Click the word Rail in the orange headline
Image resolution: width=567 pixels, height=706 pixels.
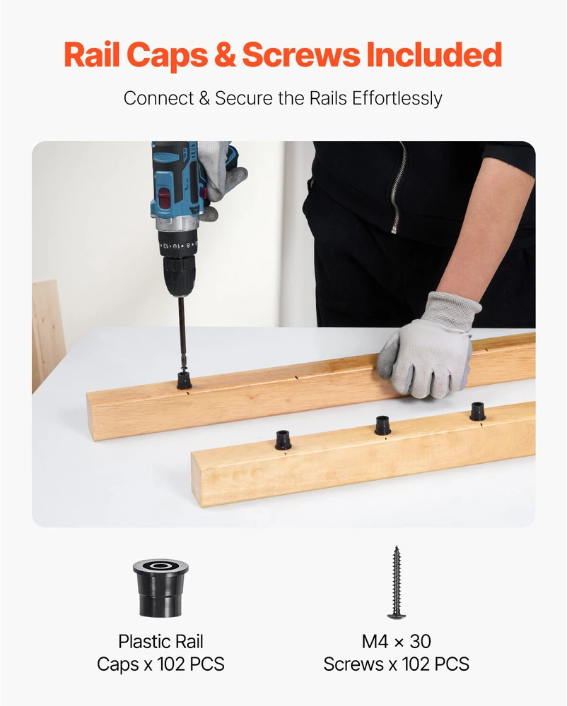91,54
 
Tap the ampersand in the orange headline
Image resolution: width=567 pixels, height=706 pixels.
225,54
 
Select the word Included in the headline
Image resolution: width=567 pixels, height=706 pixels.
434,54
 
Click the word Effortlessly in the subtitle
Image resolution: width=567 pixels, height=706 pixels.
397,98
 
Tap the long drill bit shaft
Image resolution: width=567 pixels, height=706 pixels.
182,334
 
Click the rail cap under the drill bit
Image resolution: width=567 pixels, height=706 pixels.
184,381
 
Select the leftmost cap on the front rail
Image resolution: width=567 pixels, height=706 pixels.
283,440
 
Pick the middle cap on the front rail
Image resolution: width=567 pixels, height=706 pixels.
382,425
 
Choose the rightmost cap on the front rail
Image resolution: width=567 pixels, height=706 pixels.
478,412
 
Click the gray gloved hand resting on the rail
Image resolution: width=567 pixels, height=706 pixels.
428,345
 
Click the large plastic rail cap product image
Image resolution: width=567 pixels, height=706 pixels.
160,587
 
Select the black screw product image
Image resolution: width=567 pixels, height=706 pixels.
396,582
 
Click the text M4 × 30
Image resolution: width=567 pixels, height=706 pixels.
396,641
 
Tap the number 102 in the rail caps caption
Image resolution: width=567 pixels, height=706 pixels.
171,664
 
